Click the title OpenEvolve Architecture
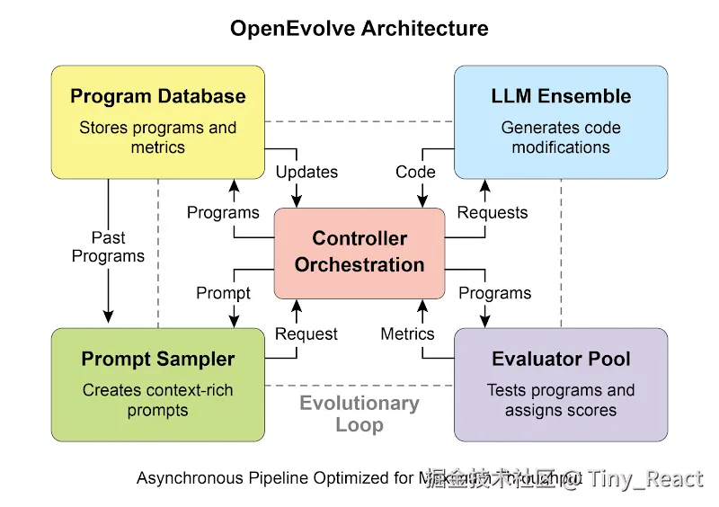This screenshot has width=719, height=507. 359,28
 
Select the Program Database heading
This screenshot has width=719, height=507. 158,96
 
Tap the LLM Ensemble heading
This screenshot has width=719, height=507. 561,96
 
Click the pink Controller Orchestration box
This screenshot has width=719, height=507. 359,252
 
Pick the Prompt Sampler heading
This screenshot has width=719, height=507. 158,360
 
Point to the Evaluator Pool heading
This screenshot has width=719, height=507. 561,360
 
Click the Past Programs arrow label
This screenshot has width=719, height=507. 109,247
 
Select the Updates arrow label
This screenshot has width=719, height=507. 306,172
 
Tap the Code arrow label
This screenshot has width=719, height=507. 415,172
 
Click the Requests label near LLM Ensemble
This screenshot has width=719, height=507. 493,213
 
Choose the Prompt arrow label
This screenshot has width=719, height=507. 223,293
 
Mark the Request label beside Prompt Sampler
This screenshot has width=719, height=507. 306,334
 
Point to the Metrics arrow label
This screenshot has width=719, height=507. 407,334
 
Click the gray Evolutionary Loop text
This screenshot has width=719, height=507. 359,414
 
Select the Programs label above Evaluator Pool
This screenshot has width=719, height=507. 494,293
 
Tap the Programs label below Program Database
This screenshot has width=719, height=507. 223,213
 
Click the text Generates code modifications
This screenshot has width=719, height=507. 561,138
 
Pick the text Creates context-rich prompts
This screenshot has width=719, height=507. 158,401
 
